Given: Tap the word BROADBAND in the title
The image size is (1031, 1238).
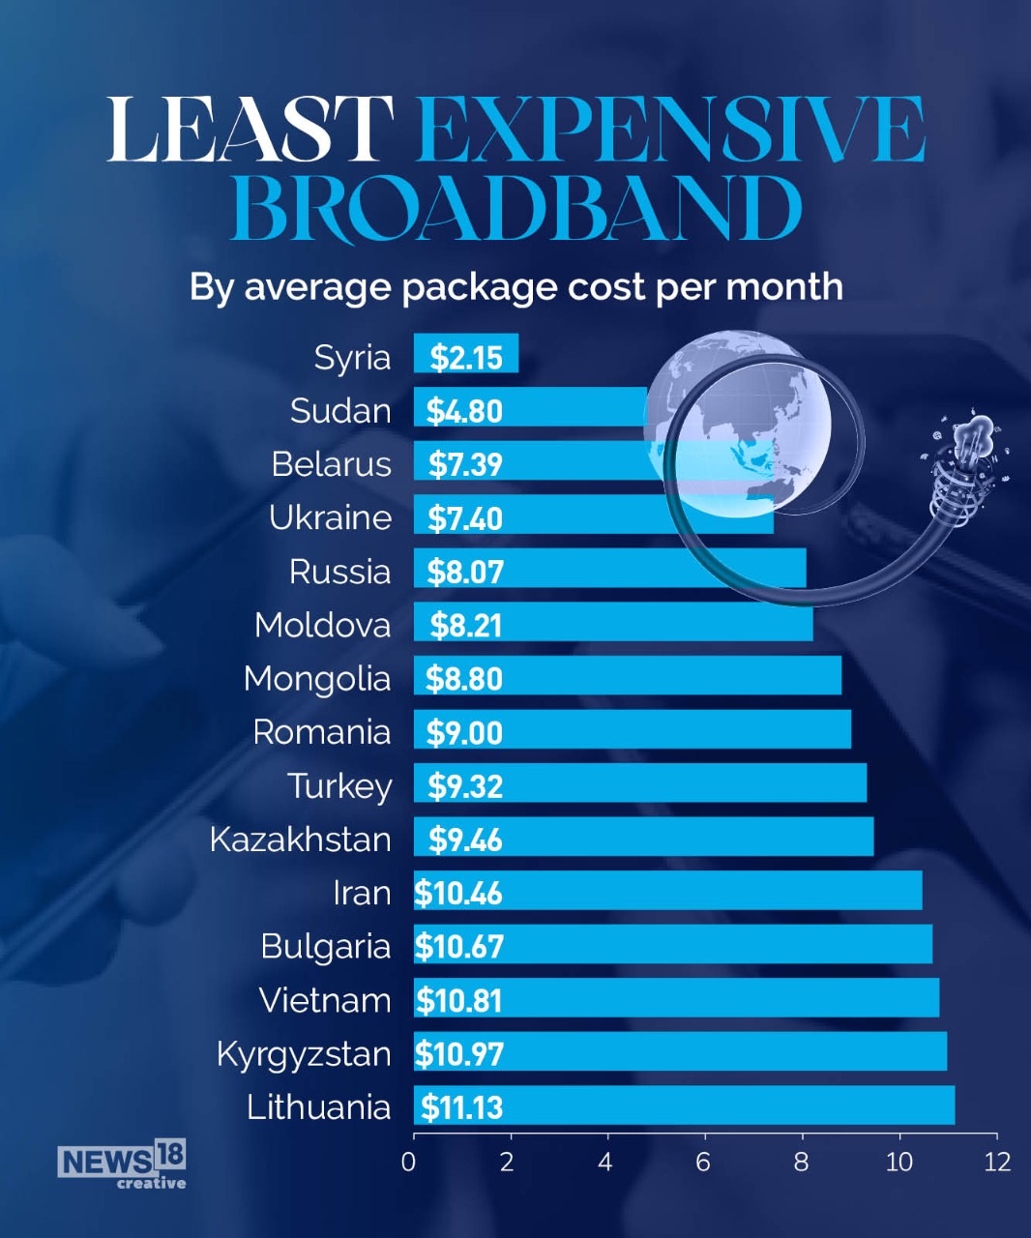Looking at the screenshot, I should tap(516, 209).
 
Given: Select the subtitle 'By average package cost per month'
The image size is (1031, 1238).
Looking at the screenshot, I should tap(515, 287).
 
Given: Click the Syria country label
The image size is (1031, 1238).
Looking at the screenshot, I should tap(352, 358).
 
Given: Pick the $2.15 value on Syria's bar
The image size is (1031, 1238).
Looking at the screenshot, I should tap(466, 358).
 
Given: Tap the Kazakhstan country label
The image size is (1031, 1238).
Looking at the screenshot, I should tap(300, 840).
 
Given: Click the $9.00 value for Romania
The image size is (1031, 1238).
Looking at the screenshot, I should tap(464, 732).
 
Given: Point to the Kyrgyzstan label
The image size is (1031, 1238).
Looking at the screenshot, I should tap(304, 1054).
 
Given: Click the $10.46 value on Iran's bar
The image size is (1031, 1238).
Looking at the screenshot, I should tap(458, 893).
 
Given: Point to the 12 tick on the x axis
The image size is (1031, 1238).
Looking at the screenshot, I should tap(996, 1162).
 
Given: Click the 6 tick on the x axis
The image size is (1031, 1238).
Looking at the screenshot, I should tap(703, 1162).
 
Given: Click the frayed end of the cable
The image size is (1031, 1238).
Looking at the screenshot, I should tap(970, 446).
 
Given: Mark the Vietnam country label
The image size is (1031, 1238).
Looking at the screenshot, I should tap(324, 1000).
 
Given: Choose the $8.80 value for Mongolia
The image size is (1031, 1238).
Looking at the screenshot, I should tap(464, 679).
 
